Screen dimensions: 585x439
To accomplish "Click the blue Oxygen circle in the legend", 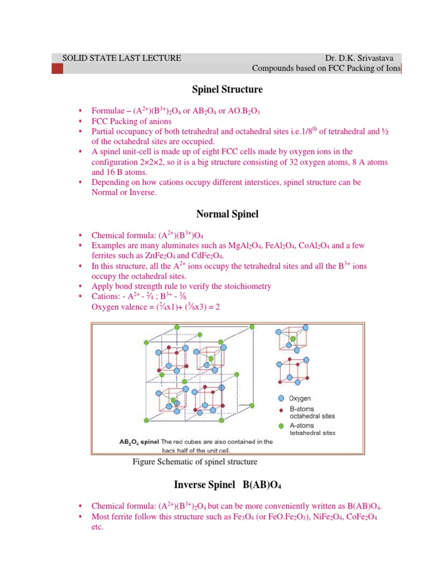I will tap(281, 398).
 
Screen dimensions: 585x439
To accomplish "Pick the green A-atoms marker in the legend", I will tap(281, 425).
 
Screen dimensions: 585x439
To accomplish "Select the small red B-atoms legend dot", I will tap(281, 409).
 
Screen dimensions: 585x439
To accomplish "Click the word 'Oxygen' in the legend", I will tap(301, 398).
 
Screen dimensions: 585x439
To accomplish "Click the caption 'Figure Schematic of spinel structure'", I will tap(195, 461).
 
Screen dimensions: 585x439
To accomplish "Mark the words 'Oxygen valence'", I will tap(118, 307).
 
